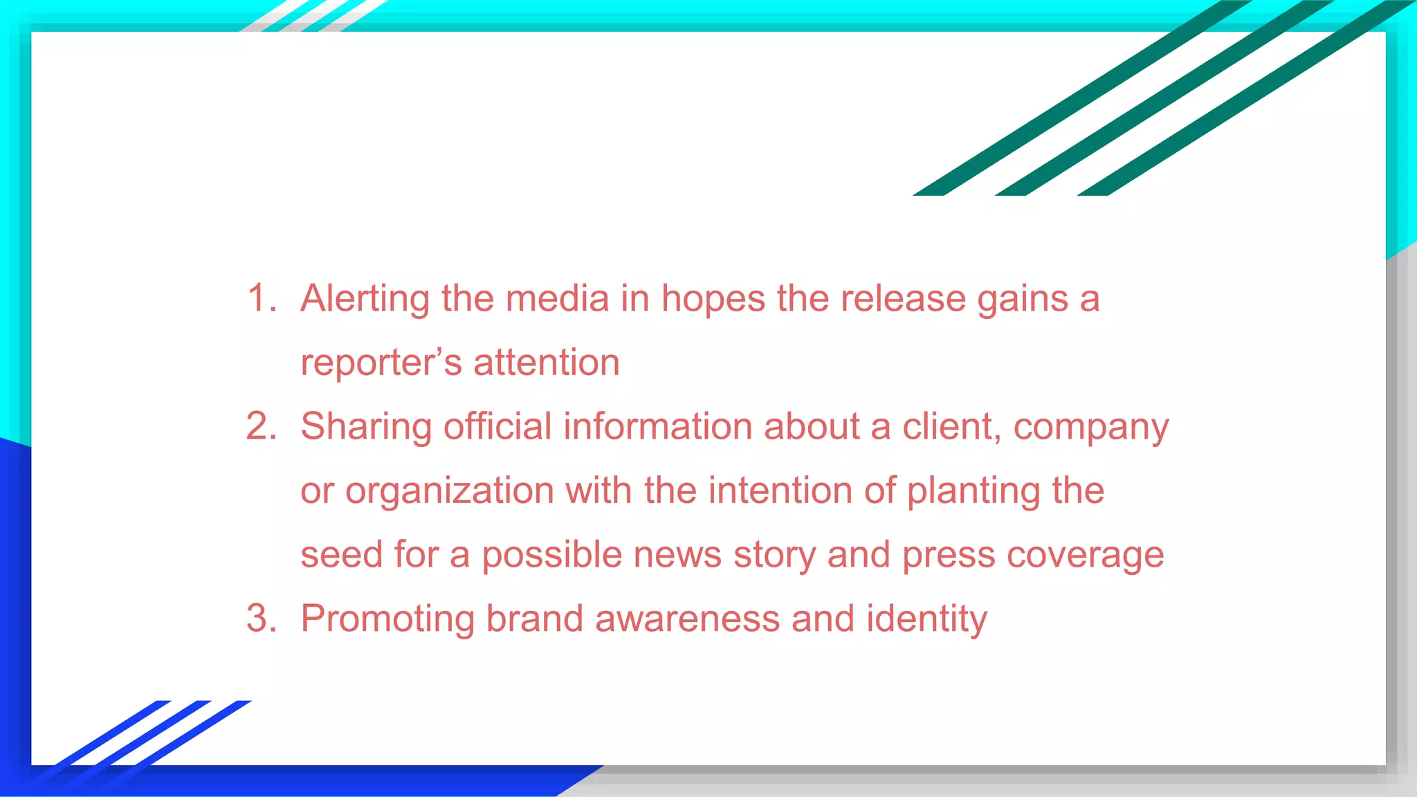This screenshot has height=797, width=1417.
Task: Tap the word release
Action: pos(902,299)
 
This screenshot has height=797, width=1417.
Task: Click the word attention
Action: pos(546,363)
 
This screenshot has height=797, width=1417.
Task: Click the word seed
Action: pos(341,555)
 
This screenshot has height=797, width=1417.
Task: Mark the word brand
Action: pos(534,619)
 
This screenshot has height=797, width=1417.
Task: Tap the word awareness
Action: pos(687,619)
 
